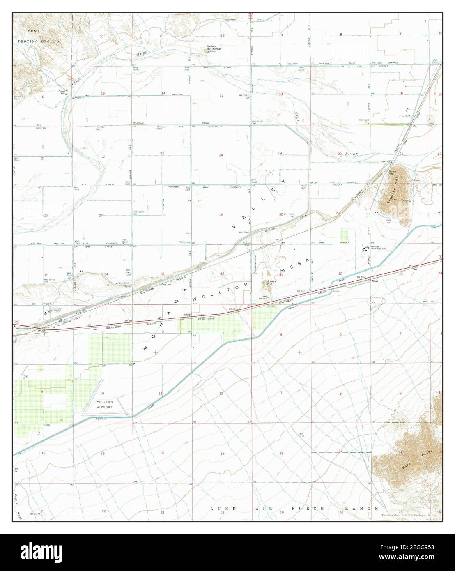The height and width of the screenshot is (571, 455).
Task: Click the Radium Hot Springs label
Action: [214, 48]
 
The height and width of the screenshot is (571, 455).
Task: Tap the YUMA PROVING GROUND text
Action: [38, 37]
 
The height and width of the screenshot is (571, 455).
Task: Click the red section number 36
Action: [222, 274]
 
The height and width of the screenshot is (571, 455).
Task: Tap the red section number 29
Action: [338, 213]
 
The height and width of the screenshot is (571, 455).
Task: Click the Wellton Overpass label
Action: [25, 328]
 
